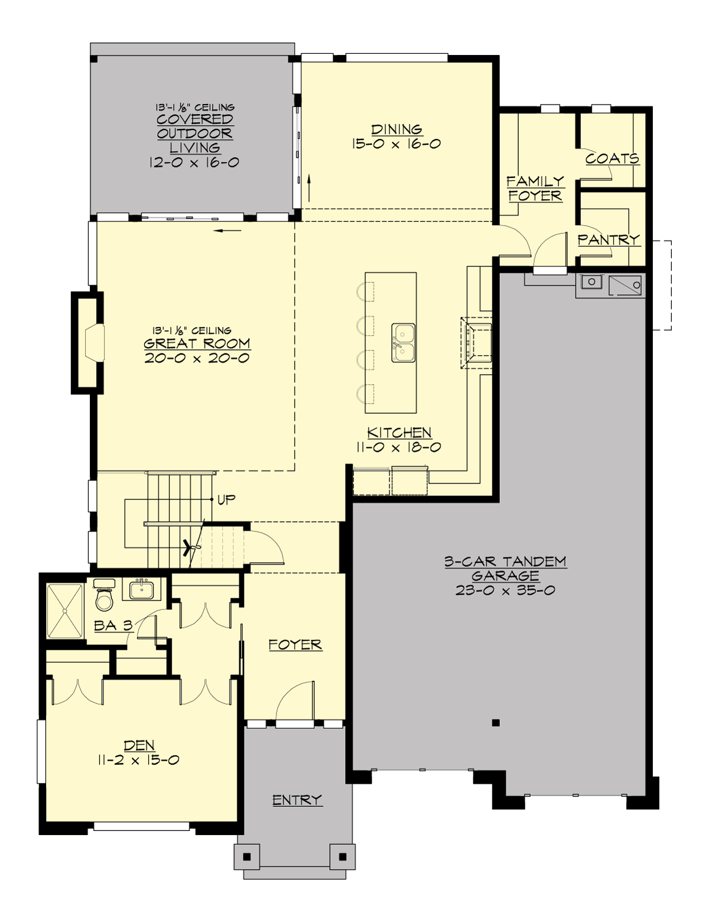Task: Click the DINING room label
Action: (396, 129)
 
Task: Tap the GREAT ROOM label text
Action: (197, 343)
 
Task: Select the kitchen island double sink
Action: (404, 343)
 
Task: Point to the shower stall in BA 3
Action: (65, 611)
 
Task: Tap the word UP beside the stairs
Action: (226, 500)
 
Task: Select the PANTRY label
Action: (609, 239)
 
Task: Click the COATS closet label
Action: (612, 158)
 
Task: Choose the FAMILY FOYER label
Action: (535, 189)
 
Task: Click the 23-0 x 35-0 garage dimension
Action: (505, 590)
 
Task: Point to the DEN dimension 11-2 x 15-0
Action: (138, 760)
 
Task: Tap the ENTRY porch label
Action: (297, 800)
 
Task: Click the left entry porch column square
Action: (247, 856)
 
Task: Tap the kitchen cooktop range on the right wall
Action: (477, 343)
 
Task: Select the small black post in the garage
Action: (496, 722)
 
